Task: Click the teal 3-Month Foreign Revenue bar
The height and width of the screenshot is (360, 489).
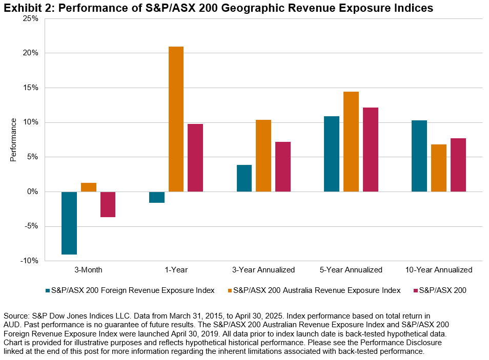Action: point(69,223)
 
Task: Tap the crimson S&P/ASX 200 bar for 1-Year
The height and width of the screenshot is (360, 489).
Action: point(195,158)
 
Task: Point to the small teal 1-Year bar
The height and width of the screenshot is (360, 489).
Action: point(157,197)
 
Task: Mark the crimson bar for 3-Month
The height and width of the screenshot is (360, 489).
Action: point(108,204)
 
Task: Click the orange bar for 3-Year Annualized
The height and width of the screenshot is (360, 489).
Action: point(263,156)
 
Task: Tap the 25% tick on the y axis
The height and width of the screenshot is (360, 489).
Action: point(31,18)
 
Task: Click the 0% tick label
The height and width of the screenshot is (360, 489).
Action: point(33,192)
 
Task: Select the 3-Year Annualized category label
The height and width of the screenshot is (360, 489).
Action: point(263,270)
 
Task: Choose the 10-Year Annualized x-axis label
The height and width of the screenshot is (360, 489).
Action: point(439,270)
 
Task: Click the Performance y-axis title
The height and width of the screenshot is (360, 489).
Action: point(14,139)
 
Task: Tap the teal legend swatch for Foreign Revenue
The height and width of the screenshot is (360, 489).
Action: point(47,291)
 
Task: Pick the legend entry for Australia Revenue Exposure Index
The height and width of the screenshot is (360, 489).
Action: point(317,291)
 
